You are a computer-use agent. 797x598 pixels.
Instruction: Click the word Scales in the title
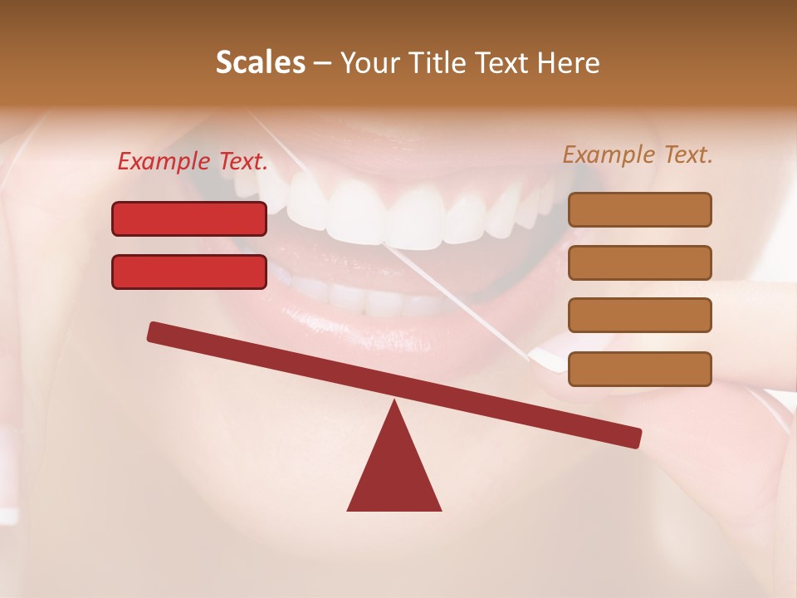click(x=261, y=62)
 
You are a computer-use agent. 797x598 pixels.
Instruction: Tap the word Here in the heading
click(x=569, y=62)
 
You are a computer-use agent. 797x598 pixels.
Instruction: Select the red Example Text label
click(x=193, y=162)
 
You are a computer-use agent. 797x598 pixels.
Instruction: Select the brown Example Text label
click(x=638, y=154)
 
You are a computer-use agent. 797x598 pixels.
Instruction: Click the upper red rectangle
click(x=189, y=218)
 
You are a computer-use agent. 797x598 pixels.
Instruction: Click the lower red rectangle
click(x=189, y=272)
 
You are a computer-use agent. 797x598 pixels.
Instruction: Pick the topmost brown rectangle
click(x=639, y=209)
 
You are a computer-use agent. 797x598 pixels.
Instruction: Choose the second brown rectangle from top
click(x=639, y=262)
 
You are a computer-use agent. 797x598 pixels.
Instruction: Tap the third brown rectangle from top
click(x=639, y=315)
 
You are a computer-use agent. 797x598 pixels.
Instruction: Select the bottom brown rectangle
click(x=639, y=369)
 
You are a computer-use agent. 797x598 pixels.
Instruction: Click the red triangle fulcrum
click(x=394, y=469)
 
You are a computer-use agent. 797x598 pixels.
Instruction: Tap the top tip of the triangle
click(x=394, y=403)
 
